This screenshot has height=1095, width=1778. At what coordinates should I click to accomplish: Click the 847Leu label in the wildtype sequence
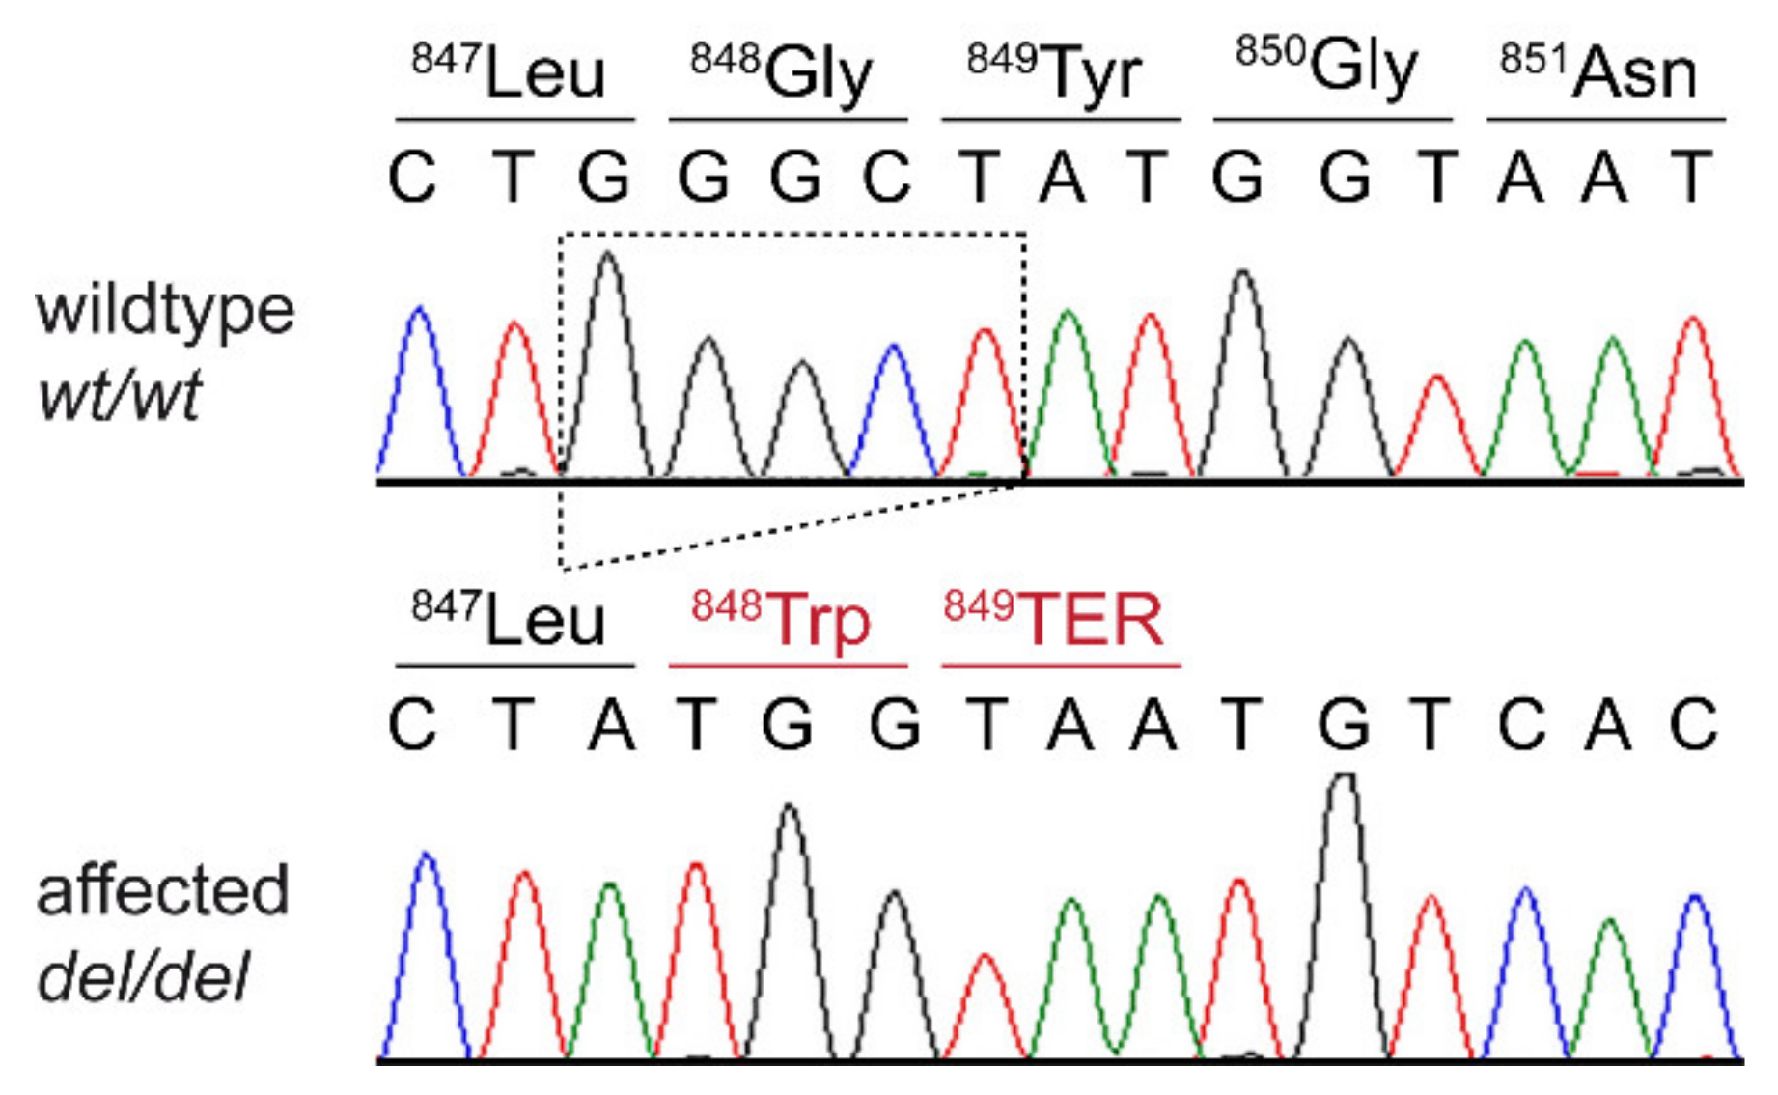tap(510, 72)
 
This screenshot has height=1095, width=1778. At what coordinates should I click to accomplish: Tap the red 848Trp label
tap(782, 619)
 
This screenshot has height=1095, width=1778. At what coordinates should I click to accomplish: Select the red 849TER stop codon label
tap(1054, 619)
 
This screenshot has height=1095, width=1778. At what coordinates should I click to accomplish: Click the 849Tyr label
tap(1055, 72)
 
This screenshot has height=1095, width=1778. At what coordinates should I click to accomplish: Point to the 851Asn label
tap(1598, 72)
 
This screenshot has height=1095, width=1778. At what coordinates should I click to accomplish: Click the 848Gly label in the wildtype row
tap(782, 72)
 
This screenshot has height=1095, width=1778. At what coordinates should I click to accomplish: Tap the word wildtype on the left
tap(165, 311)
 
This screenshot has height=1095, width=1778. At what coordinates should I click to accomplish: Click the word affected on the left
tap(162, 890)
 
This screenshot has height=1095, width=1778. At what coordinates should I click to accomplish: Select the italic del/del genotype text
tap(144, 977)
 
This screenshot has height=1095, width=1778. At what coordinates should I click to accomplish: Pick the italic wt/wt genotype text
tap(119, 396)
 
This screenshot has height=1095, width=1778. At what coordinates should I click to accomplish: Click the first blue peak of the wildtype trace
tap(420, 319)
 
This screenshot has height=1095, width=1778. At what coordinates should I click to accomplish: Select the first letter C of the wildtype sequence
tap(412, 179)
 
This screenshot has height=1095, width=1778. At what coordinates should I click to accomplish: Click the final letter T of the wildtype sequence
tap(1690, 179)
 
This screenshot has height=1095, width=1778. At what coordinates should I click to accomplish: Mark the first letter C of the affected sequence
tap(412, 724)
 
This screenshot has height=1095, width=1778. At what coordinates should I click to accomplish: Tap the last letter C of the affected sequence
tap(1694, 724)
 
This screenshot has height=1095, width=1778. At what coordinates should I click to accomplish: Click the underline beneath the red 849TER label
tap(1061, 666)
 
